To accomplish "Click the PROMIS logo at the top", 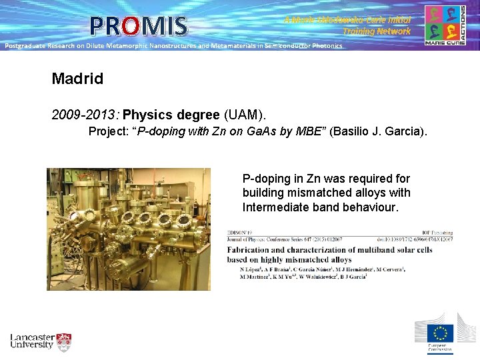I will point(139,25).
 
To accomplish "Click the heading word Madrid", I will point(77,79).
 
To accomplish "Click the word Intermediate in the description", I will point(275,207).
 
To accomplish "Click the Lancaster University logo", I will point(41,341).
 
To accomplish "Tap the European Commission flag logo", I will point(440,333).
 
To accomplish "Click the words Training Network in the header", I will point(377,31).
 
